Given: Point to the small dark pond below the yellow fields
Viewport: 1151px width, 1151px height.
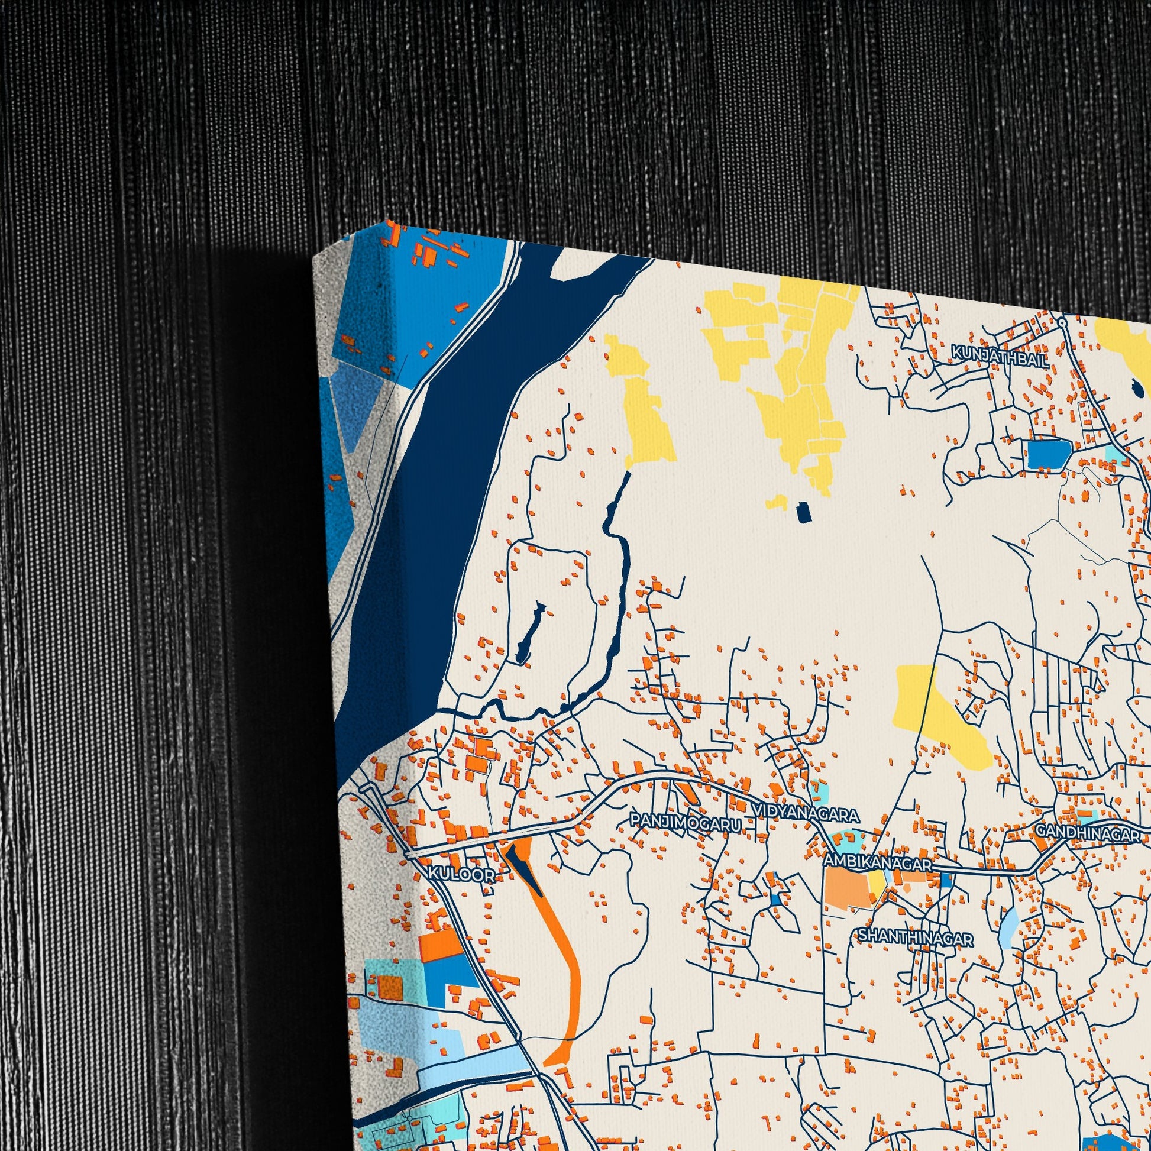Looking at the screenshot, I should [x=803, y=511].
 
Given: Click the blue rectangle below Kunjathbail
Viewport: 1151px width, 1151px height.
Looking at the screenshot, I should [x=1049, y=454].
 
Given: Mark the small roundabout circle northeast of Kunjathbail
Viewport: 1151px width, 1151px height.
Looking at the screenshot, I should [x=1062, y=322].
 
